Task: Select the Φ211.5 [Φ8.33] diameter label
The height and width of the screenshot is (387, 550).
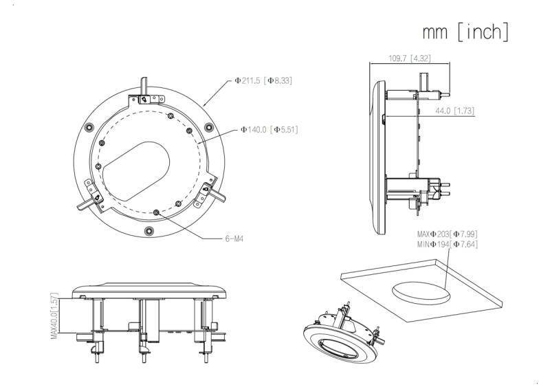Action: [263, 80]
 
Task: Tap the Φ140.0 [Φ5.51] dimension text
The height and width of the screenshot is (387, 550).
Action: [269, 129]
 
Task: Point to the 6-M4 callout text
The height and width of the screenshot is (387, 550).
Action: [235, 239]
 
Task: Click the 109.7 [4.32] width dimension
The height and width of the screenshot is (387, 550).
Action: [410, 58]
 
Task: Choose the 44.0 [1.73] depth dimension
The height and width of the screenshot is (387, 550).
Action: [454, 110]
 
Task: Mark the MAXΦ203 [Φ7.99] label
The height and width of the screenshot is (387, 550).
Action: [447, 234]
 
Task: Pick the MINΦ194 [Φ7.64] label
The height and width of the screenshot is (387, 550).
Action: [447, 244]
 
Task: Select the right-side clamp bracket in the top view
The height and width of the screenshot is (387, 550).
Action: [208, 192]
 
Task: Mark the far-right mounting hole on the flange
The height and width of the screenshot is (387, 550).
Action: [208, 127]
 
